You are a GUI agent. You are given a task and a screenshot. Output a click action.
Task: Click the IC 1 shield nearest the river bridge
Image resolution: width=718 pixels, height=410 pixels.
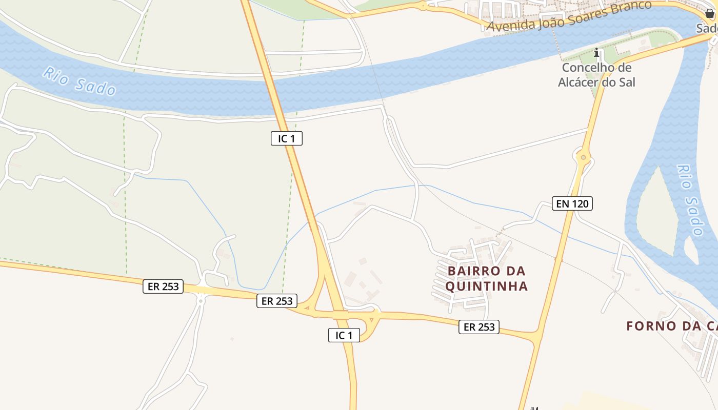[x=287, y=138]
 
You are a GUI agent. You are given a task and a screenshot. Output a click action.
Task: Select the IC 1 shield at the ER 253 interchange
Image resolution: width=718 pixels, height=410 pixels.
[x=344, y=335]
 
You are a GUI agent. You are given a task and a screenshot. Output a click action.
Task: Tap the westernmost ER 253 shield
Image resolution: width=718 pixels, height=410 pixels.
[x=163, y=286]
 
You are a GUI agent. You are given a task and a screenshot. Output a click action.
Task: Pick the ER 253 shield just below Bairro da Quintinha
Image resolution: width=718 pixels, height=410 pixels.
[x=479, y=326]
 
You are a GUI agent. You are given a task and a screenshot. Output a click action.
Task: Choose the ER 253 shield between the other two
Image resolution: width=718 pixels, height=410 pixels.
[x=277, y=301]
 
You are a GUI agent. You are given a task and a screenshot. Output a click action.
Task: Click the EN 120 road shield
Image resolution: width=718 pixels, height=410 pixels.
[x=572, y=203]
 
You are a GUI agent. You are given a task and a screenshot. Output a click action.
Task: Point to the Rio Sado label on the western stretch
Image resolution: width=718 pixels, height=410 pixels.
[x=79, y=81]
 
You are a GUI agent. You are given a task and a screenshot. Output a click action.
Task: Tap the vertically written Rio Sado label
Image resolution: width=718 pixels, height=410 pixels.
[x=690, y=200]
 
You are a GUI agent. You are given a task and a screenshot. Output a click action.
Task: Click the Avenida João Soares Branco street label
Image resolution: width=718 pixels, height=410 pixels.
[x=569, y=16]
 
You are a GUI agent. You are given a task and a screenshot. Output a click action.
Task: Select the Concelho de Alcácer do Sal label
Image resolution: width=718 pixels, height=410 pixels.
[x=596, y=75]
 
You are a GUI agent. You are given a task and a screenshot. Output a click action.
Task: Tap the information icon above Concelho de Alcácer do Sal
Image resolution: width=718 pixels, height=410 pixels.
[x=596, y=52]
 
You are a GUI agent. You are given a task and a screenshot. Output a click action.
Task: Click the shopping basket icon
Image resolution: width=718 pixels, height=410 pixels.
[x=709, y=13]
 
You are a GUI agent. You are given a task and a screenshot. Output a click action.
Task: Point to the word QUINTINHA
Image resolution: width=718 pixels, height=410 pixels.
[x=486, y=286]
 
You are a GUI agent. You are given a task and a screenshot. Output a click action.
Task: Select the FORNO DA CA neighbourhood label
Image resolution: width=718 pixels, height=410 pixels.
[x=672, y=326]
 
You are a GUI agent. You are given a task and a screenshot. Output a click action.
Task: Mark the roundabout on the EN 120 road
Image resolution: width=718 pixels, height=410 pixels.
[x=583, y=157]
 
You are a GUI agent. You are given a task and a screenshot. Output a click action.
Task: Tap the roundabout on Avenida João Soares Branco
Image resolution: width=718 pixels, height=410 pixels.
[x=423, y=6]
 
